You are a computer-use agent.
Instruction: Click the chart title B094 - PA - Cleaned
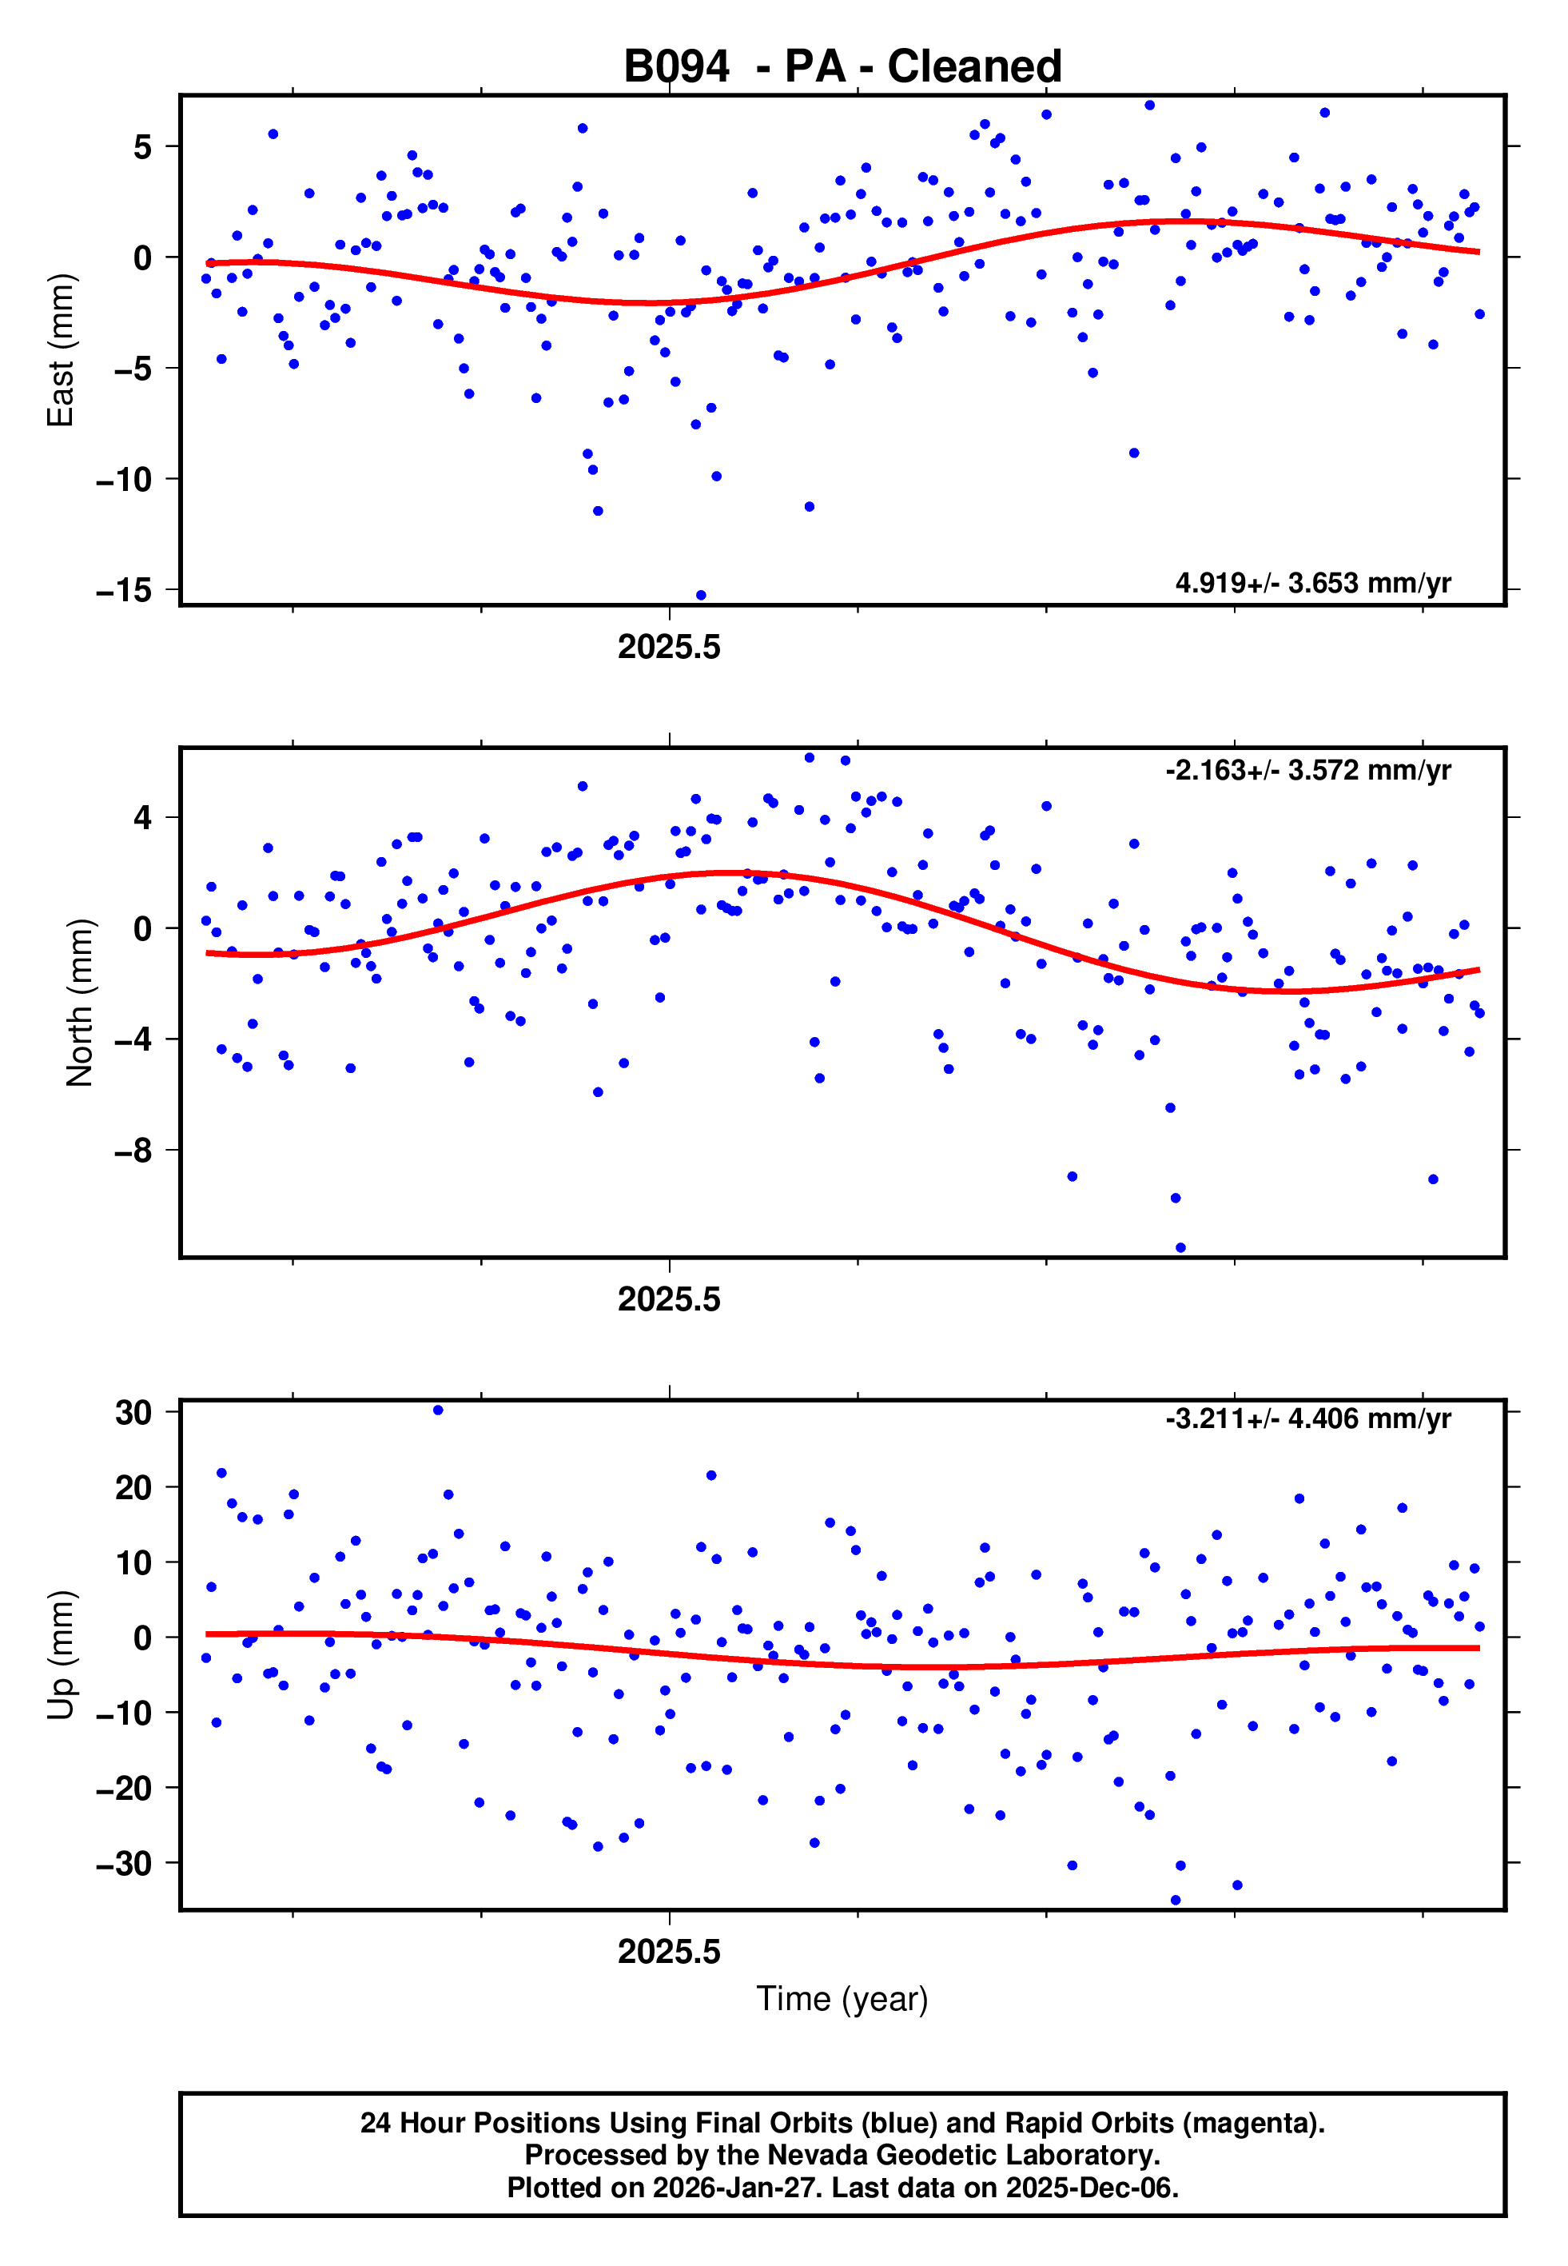click(842, 67)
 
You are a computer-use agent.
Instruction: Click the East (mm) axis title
click(61, 350)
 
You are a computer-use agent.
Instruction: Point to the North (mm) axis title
click(80, 1003)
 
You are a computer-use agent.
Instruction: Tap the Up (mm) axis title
click(61, 1655)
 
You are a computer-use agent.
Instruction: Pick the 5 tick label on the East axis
click(143, 147)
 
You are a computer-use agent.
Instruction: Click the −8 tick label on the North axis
click(133, 1151)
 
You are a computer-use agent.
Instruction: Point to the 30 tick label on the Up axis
click(133, 1412)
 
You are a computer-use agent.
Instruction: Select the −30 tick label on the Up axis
click(124, 1863)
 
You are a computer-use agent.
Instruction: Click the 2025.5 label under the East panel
click(669, 648)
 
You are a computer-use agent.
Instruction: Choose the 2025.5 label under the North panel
click(669, 1300)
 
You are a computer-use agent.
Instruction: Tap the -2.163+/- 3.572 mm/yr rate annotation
click(1307, 771)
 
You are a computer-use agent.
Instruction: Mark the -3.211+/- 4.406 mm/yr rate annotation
click(1307, 1419)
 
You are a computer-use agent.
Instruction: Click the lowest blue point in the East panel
click(701, 596)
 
